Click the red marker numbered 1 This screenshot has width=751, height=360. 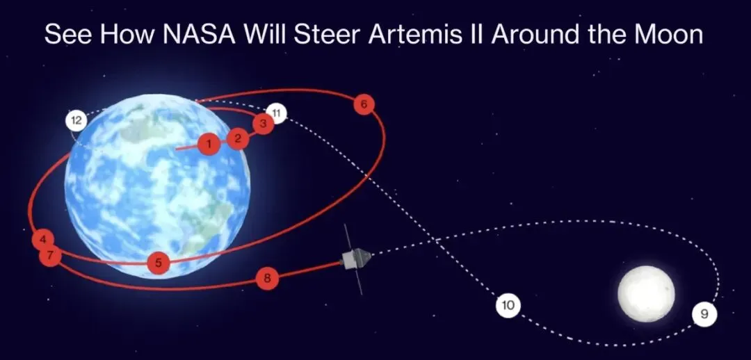(208, 145)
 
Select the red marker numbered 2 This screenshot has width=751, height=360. (238, 138)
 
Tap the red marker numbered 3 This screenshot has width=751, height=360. (262, 124)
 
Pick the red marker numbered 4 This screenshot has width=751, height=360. (43, 239)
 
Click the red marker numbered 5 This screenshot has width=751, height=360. (159, 263)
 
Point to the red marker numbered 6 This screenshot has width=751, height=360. (363, 105)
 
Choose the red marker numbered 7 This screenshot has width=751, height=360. (49, 256)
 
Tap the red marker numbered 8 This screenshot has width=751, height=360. (267, 279)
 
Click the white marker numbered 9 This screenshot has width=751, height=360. (704, 315)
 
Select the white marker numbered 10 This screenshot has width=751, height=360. (508, 305)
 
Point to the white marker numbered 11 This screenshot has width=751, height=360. (277, 113)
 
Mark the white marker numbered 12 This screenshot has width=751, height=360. (76, 121)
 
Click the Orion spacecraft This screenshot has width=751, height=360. (355, 260)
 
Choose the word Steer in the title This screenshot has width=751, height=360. (328, 35)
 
